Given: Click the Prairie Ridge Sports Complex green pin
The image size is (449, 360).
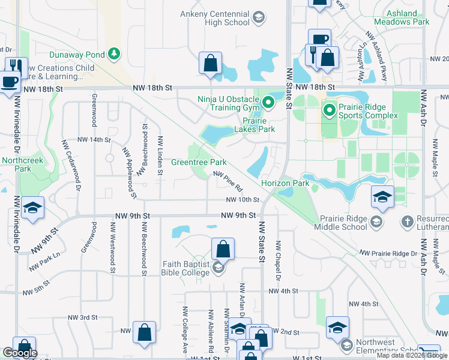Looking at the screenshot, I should (x=328, y=110).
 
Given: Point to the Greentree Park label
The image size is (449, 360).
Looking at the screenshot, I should (x=199, y=162).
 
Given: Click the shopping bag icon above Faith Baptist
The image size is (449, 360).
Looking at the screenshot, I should (x=223, y=248).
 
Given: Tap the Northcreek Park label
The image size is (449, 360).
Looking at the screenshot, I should (x=16, y=164).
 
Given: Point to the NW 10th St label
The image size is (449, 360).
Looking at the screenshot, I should (x=243, y=200).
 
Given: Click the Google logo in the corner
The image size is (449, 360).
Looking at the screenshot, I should (x=20, y=353).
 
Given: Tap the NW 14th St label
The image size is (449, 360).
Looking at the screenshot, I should (x=94, y=140).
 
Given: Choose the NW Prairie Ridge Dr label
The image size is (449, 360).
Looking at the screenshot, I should (x=388, y=254).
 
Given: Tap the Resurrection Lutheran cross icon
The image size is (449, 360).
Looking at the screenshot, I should (x=408, y=222).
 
